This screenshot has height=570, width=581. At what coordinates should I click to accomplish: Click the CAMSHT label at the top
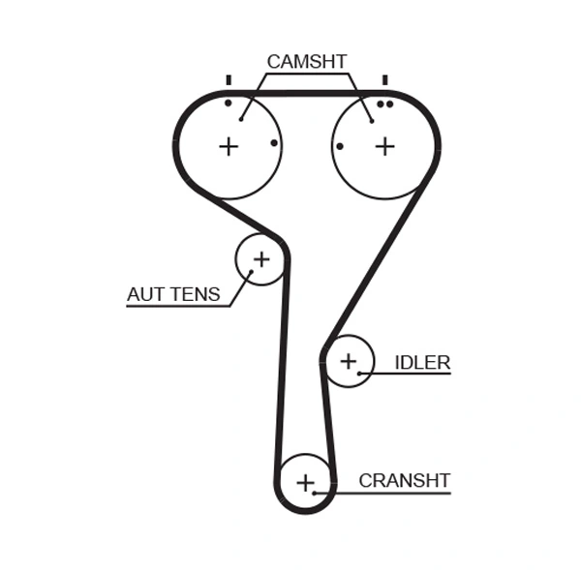click(306, 62)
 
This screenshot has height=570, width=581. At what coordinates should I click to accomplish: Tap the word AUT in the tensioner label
click(146, 294)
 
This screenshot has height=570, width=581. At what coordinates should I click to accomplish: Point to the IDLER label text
click(422, 363)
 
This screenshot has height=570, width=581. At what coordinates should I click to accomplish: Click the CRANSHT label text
click(405, 480)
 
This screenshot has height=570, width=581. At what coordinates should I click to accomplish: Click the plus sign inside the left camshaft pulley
click(229, 146)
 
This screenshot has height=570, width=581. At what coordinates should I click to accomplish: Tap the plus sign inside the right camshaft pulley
click(385, 146)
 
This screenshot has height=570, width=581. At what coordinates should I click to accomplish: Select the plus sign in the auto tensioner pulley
click(261, 259)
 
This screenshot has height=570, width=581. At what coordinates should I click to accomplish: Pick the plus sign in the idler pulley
click(349, 362)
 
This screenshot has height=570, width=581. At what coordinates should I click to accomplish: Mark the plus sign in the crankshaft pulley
click(306, 482)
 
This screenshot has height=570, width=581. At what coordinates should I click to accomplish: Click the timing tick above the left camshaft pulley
click(229, 80)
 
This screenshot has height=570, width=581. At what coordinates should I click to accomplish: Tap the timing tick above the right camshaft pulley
click(385, 80)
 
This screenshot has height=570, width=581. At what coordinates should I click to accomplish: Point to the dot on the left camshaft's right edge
click(274, 143)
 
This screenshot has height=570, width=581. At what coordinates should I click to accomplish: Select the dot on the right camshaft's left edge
click(340, 146)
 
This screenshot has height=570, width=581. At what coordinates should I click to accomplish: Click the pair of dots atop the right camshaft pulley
click(385, 104)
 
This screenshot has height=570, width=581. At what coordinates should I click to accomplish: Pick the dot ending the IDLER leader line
click(359, 373)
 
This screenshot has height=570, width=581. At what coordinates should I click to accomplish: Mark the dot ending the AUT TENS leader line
click(251, 272)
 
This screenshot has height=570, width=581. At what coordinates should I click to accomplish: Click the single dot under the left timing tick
click(229, 103)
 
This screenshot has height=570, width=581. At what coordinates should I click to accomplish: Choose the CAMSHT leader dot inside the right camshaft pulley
click(372, 121)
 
